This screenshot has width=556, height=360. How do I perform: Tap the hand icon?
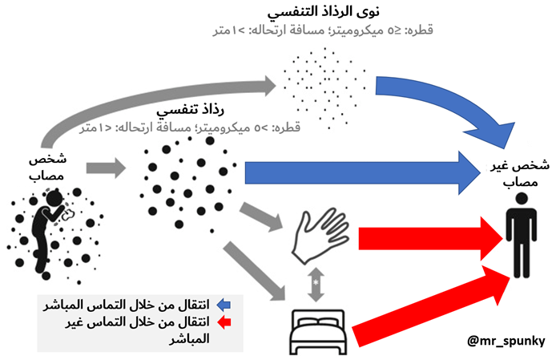click(315, 237)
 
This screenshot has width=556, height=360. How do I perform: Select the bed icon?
click(316, 330)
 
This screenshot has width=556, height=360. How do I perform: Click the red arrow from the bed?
click(433, 309)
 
